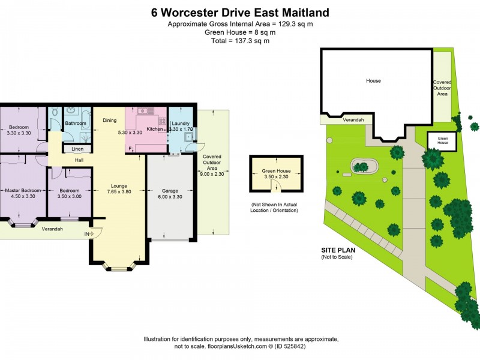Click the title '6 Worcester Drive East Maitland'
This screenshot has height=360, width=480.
240,12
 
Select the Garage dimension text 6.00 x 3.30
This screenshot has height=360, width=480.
169,197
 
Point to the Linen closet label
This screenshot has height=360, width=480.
77,149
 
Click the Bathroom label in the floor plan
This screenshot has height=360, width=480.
76,123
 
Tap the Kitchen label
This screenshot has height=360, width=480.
155,129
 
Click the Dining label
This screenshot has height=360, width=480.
109,120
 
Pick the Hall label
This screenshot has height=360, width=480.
79,160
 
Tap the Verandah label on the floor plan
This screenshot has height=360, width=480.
52,229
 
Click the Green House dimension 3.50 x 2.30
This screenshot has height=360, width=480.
276,178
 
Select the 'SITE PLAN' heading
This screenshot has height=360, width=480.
339,251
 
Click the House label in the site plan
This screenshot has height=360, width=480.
373,80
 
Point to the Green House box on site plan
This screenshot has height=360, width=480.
442,140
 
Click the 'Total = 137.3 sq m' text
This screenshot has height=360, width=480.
240,41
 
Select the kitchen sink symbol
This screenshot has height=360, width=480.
144,112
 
